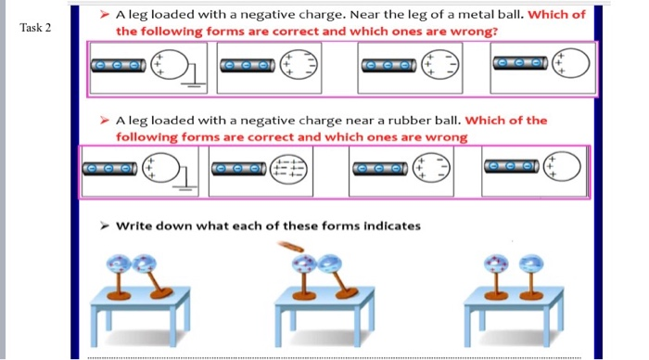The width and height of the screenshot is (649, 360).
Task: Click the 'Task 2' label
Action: point(35,27)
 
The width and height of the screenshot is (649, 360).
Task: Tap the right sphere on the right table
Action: point(531,268)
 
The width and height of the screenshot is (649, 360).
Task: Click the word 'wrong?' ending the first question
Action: point(472,31)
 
